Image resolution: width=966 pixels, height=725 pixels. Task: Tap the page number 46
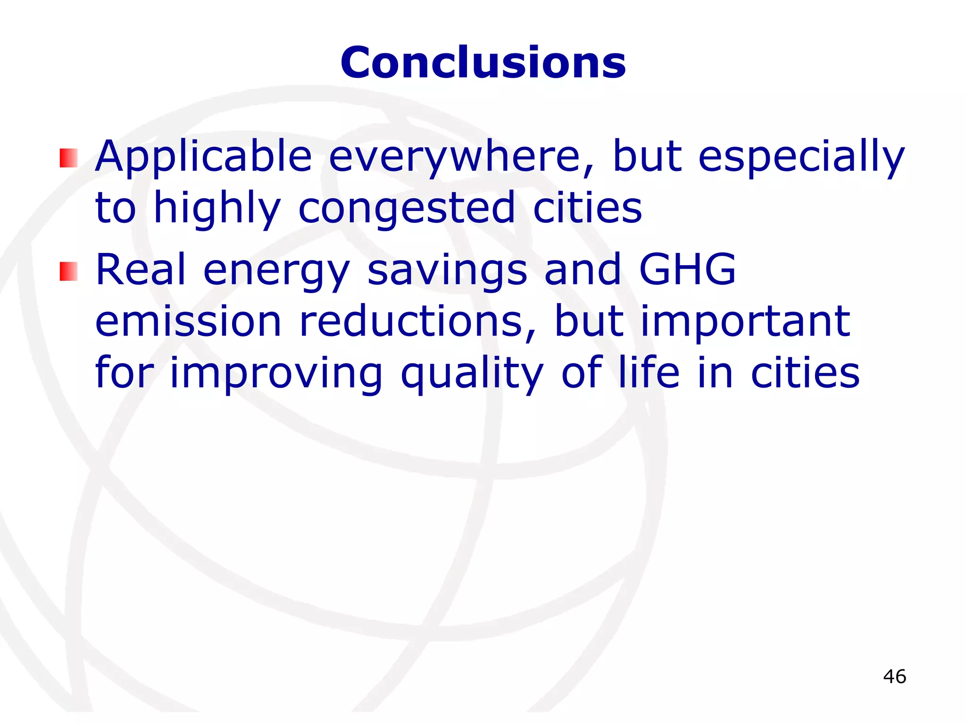click(894, 676)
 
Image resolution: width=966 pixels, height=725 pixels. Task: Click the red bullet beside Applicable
click(68, 158)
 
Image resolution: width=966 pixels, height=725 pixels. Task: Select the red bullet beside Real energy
click(68, 271)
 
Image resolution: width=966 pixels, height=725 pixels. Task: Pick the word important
click(745, 322)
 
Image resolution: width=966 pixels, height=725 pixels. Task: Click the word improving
click(276, 374)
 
